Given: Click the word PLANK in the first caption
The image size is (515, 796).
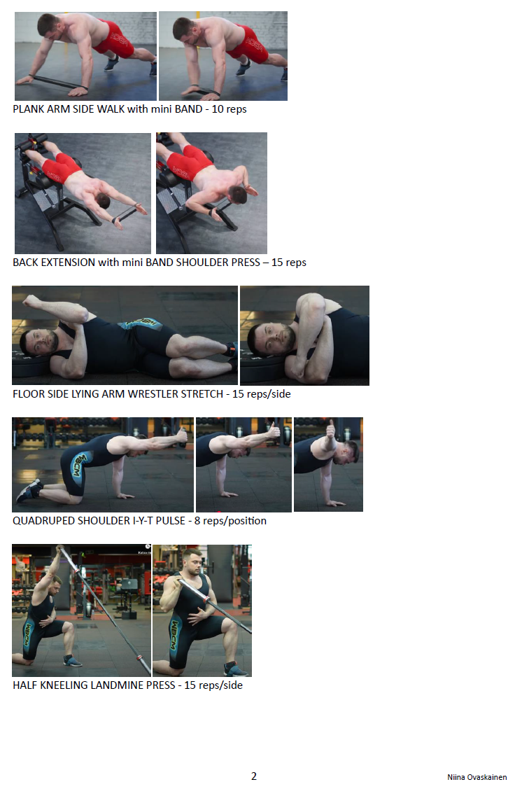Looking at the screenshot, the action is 29,109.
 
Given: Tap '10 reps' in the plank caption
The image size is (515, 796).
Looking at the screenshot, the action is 229,109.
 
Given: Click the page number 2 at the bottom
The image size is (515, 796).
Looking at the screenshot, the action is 254,776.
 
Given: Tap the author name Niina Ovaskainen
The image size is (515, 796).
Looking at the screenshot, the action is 477,777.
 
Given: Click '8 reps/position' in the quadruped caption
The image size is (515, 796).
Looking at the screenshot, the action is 230,521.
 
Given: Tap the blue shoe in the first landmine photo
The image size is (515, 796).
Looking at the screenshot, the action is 72,661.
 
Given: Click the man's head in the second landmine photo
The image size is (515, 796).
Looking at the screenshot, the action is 192,561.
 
